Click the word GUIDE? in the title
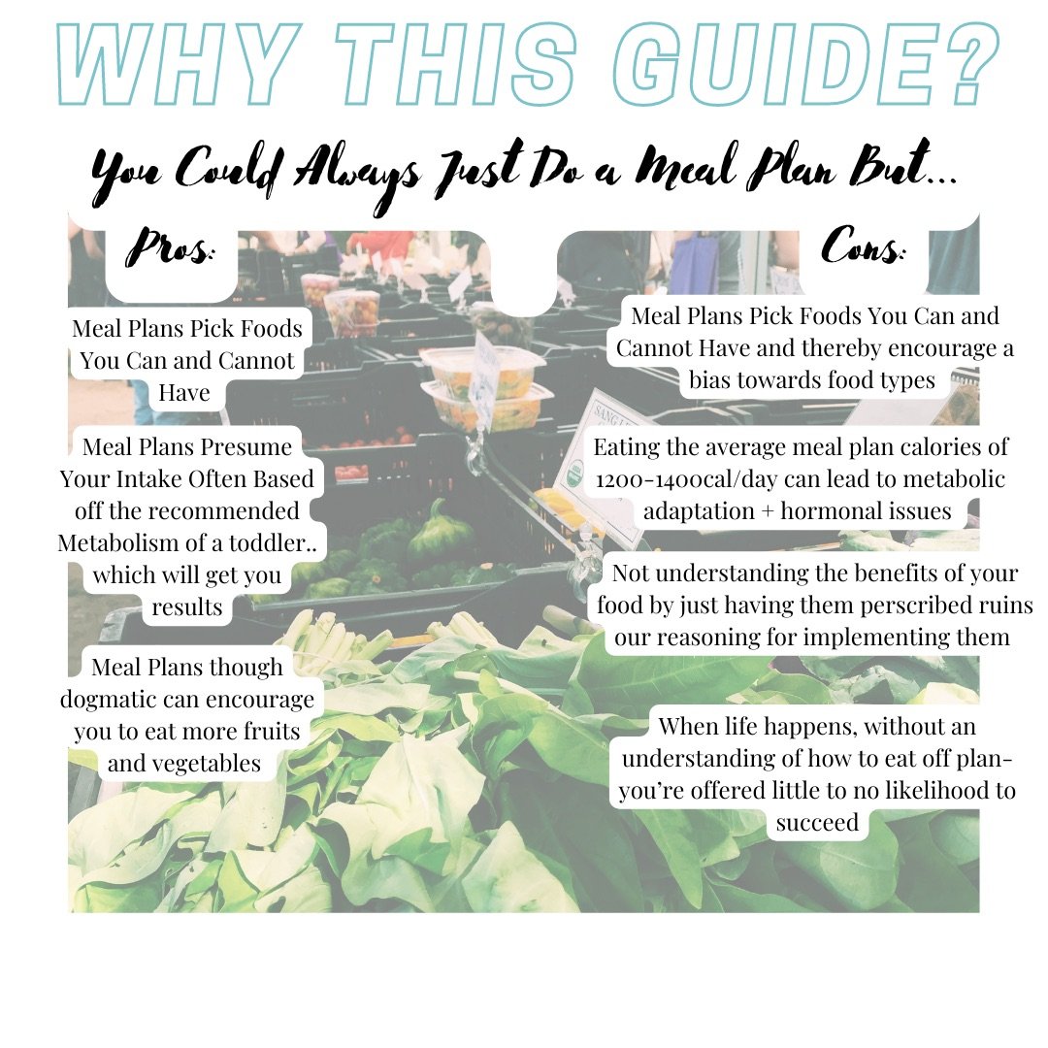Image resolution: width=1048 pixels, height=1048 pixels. click(x=806, y=63)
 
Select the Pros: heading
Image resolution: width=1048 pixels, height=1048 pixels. click(x=171, y=247)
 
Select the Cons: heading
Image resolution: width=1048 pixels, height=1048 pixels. click(x=863, y=246)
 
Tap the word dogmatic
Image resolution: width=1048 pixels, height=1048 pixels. click(x=108, y=700)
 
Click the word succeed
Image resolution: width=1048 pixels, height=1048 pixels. click(x=817, y=822)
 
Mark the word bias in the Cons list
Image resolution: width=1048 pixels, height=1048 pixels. click(x=709, y=379)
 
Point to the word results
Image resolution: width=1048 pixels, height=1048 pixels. click(x=186, y=606)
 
